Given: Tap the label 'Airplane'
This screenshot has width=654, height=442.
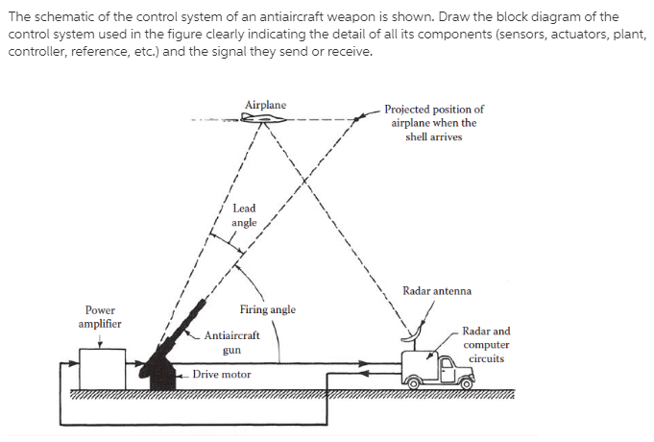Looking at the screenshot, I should [264, 104].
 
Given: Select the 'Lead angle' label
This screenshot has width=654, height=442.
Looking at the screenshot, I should [244, 215].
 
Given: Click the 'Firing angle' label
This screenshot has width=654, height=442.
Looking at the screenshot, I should [268, 309].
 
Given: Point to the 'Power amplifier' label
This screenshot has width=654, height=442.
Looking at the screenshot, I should [100, 317].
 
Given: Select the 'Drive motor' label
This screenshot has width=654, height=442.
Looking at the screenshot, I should [222, 375].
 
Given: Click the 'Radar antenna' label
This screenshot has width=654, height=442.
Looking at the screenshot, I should [437, 290].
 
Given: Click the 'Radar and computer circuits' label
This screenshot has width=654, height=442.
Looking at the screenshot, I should [486, 345].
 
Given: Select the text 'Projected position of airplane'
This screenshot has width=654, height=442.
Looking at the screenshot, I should [434, 116].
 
